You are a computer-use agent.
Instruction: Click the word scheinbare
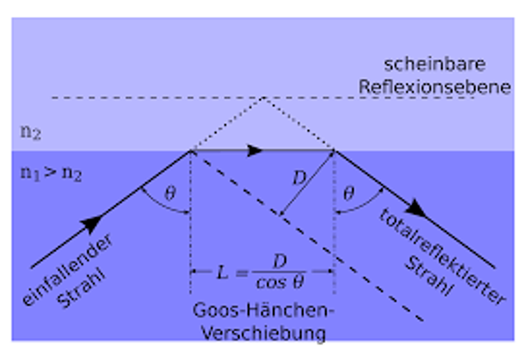(434, 65)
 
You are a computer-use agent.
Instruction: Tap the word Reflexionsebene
(434, 87)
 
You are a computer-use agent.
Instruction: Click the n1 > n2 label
(51, 174)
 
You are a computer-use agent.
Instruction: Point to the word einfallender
(68, 270)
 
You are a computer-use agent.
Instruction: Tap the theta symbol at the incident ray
(170, 193)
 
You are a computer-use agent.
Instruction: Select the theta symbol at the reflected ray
(348, 193)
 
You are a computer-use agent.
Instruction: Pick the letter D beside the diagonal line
(299, 179)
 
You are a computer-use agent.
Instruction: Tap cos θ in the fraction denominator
(280, 283)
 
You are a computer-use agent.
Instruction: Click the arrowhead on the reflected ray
(417, 209)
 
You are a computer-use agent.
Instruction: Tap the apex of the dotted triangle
(262, 98)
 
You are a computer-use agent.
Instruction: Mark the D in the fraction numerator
(280, 261)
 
